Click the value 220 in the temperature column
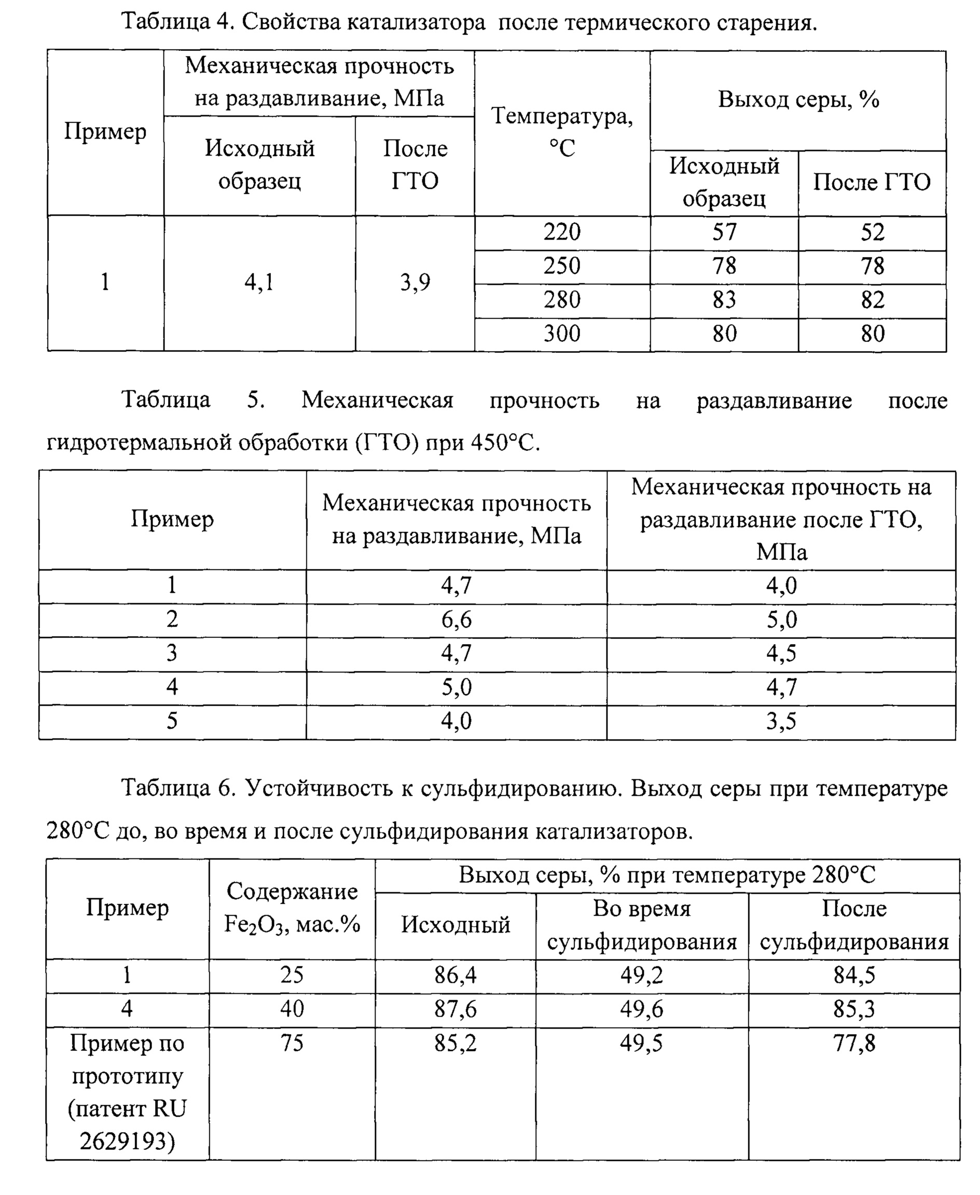pos(562,232)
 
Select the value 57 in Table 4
pos(724,232)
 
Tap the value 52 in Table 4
pos(872,232)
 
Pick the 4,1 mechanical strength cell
pos(259,282)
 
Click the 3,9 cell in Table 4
pos(415,282)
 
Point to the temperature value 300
pos(562,334)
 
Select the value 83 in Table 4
pos(724,300)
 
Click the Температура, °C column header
pos(562,132)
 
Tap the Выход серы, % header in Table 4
pos(798,100)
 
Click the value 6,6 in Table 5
pos(456,620)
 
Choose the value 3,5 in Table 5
pos(781,721)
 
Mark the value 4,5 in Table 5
pos(781,654)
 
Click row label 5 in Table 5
pos(172,721)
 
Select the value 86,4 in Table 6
pos(455,976)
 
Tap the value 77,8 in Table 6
pos(853,1043)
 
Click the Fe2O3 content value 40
pos(292,1009)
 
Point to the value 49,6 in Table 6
pos(641,1009)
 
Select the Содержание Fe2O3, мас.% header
pos(292,908)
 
